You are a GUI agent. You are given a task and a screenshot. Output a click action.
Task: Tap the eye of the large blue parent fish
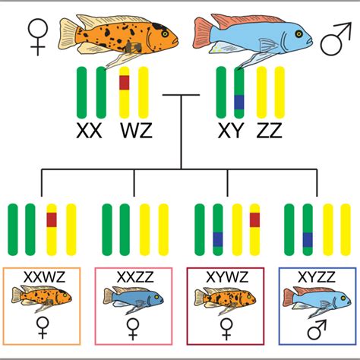pos(301,33)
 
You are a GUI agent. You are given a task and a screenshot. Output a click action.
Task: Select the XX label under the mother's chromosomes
pos(90,131)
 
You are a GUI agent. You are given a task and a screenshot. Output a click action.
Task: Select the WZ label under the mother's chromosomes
pos(136,131)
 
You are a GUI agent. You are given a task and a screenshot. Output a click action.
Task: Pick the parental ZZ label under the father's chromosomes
pos(270,131)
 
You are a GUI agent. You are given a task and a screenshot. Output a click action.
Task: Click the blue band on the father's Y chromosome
pos(238,101)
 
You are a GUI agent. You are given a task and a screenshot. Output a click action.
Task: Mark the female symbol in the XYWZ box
pos(226,330)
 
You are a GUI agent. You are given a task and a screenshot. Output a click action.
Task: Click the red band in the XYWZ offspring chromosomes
pos(254,219)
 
